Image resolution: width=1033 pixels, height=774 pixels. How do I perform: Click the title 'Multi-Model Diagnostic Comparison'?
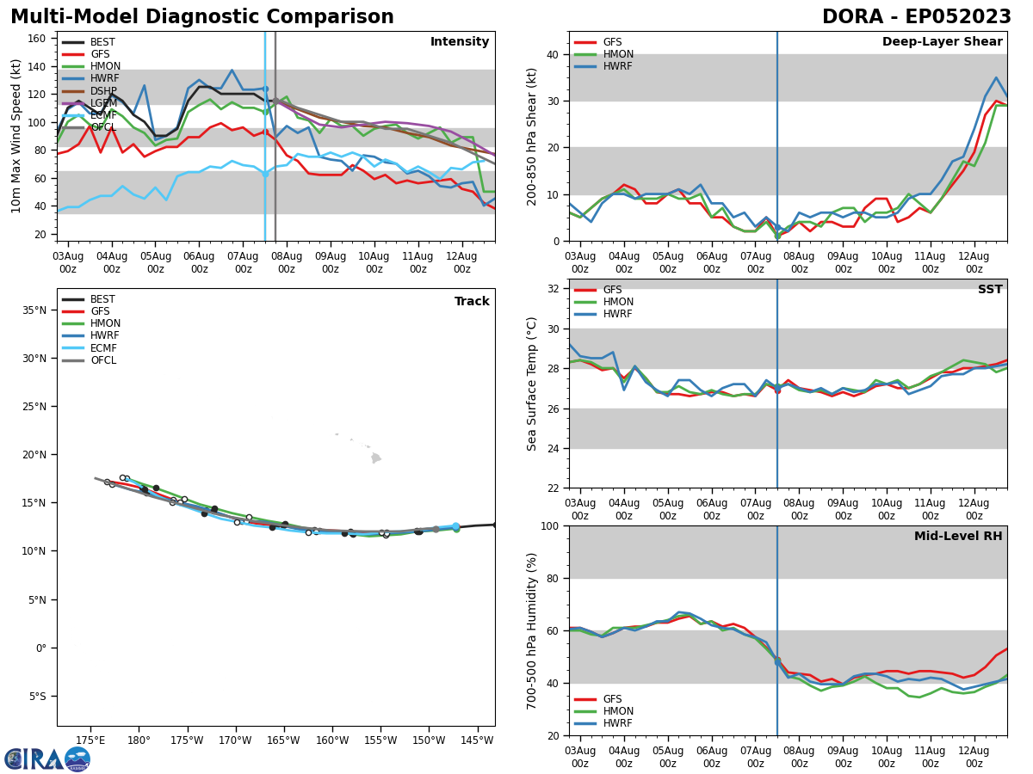[201, 17]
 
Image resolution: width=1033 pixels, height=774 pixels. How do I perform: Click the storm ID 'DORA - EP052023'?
[916, 17]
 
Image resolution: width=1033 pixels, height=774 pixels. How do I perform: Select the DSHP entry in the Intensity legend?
[102, 91]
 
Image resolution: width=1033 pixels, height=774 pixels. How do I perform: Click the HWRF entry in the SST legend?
[618, 315]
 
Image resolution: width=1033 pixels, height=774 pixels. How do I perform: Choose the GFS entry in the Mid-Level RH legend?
[612, 699]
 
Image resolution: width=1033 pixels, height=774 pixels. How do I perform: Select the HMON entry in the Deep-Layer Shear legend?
[618, 54]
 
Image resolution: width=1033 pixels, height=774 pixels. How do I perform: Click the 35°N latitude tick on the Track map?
[34, 310]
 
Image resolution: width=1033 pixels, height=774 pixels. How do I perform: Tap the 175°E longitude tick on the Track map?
[90, 740]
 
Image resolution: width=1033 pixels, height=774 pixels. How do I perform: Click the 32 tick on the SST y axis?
[554, 289]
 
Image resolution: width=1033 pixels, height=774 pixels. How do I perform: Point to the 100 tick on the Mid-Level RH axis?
[549, 526]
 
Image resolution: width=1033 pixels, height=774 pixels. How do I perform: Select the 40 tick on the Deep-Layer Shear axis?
[554, 54]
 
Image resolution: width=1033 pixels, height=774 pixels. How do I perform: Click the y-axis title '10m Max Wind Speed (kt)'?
[15, 136]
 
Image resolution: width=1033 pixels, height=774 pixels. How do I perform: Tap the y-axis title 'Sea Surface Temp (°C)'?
[533, 384]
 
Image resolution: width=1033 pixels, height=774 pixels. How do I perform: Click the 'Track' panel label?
[472, 302]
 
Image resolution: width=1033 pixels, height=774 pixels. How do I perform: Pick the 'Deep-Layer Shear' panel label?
[942, 42]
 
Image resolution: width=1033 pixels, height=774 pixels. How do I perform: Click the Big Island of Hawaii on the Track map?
[375, 458]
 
